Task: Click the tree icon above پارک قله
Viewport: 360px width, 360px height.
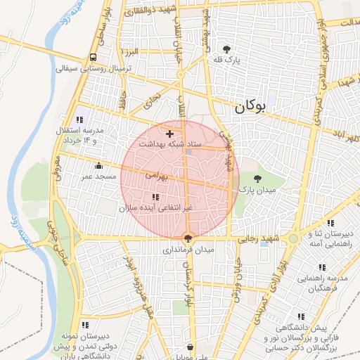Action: [226, 49]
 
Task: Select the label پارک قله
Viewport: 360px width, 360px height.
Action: [227, 60]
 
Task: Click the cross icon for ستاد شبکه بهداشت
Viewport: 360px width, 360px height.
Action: [169, 133]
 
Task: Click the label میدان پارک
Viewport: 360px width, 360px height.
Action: [255, 190]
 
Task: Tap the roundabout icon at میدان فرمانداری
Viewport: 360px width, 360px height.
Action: [187, 238]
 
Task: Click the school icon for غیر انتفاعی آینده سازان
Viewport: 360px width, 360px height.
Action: [155, 197]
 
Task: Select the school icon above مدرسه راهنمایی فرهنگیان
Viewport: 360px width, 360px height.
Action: [321, 267]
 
